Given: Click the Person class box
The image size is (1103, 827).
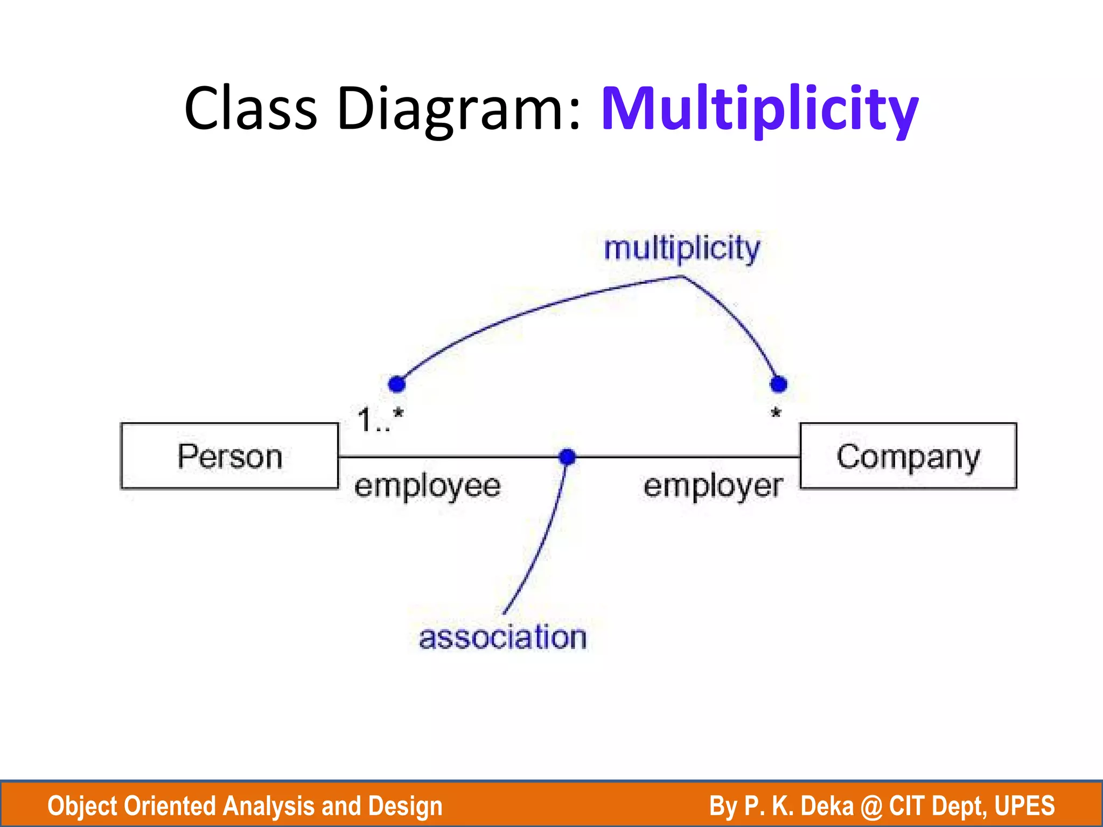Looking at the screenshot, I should click(230, 456).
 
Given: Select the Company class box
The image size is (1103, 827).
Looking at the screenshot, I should click(908, 456).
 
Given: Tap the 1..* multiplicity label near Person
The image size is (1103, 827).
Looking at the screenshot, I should click(380, 420).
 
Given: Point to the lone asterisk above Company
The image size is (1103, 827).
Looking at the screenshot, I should click(776, 413).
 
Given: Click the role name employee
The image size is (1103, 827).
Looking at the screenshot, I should click(428, 486).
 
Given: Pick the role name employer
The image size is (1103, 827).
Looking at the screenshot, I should click(713, 486).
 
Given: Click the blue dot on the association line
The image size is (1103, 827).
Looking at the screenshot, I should click(567, 457).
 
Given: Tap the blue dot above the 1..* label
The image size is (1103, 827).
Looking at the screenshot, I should click(397, 384).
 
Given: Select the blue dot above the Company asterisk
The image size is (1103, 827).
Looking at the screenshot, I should click(779, 384).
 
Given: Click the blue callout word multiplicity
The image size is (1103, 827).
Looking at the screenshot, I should click(682, 249).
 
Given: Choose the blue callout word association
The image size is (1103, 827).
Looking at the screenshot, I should click(502, 637).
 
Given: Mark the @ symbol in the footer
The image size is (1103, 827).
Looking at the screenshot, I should click(871, 806).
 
